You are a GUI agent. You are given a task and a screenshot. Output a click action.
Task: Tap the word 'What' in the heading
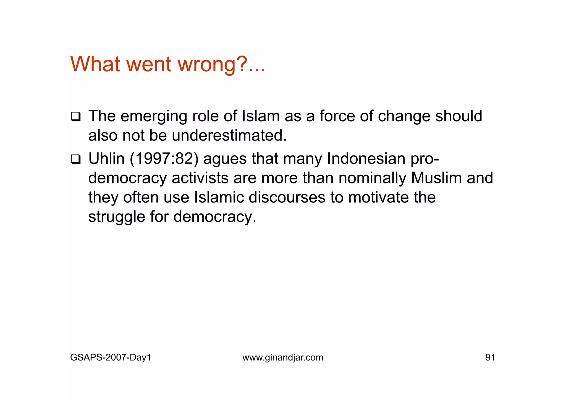point(95,64)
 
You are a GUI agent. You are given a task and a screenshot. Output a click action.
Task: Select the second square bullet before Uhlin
point(75,159)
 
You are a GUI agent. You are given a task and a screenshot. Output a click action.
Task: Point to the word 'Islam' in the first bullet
point(261,116)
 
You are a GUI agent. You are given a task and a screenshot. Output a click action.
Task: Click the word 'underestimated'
point(229,135)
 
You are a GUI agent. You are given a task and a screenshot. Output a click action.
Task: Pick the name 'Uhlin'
point(106,159)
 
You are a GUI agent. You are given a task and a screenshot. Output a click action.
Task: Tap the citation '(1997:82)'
point(164,159)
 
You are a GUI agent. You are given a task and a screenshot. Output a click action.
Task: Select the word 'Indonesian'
point(366,159)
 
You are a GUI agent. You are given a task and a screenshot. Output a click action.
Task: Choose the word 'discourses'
point(287,198)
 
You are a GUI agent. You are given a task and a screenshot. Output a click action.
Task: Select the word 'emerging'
point(154,117)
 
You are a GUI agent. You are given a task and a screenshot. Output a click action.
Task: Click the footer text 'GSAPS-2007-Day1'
point(111,357)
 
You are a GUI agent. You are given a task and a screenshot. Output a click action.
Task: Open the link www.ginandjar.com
point(283,357)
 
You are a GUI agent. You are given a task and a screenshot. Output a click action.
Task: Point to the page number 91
point(490,357)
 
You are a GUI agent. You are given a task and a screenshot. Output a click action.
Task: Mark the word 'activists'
point(200,178)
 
